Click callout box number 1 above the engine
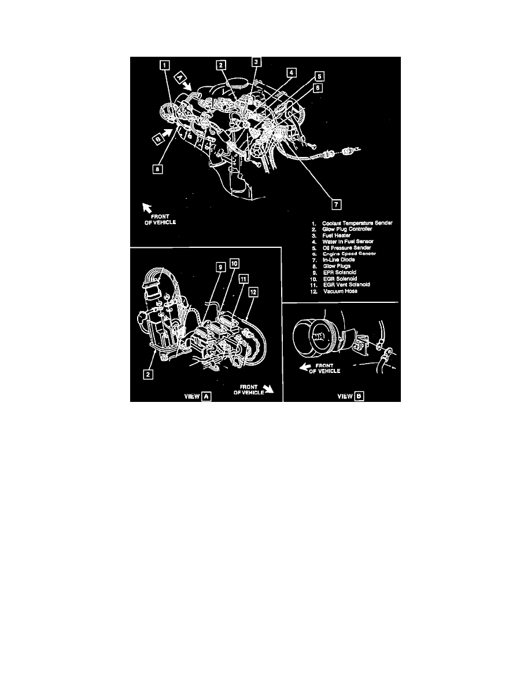click(x=165, y=65)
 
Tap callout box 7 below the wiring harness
click(x=335, y=204)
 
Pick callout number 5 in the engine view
click(x=319, y=75)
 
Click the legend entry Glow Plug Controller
click(x=348, y=229)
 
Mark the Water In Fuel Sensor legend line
click(x=348, y=241)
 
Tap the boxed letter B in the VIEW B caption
click(x=360, y=397)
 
